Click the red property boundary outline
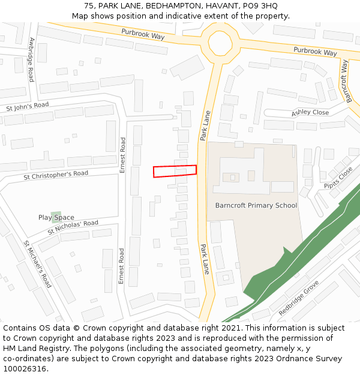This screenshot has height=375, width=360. click(x=175, y=171)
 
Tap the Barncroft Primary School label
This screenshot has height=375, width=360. click(x=256, y=205)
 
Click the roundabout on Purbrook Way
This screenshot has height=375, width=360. click(x=220, y=42)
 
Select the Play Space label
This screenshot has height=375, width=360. click(x=56, y=217)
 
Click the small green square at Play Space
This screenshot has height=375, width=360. click(x=56, y=217)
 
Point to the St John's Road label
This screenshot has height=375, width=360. click(x=28, y=107)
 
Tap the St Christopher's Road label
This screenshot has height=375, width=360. click(x=56, y=175)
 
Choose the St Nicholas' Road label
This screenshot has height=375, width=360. click(x=73, y=227)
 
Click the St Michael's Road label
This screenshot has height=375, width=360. click(x=37, y=264)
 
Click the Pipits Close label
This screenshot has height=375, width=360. click(x=338, y=178)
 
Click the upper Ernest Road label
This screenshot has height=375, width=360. click(x=123, y=155)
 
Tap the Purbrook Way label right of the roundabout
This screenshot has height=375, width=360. click(x=316, y=51)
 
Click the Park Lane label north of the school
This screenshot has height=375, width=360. click(x=205, y=125)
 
